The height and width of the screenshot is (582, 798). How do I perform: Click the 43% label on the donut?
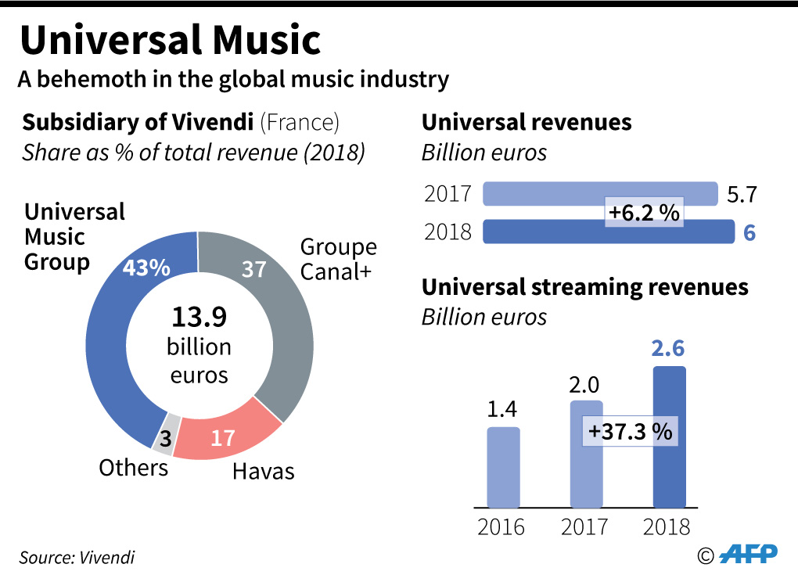coord(146,268)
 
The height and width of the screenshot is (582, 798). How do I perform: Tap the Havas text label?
coord(263,470)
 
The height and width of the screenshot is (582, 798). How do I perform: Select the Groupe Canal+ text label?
coord(338,259)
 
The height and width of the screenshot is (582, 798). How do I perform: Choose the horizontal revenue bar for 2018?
coord(548,232)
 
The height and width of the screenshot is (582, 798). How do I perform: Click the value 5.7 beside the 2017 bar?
coord(742,195)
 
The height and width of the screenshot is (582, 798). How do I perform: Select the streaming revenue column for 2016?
coord(503,467)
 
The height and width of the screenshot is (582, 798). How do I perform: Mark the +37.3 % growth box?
coord(631,431)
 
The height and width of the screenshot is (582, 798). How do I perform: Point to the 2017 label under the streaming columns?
coord(584,526)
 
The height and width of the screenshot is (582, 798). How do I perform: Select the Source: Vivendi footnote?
coord(77,558)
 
